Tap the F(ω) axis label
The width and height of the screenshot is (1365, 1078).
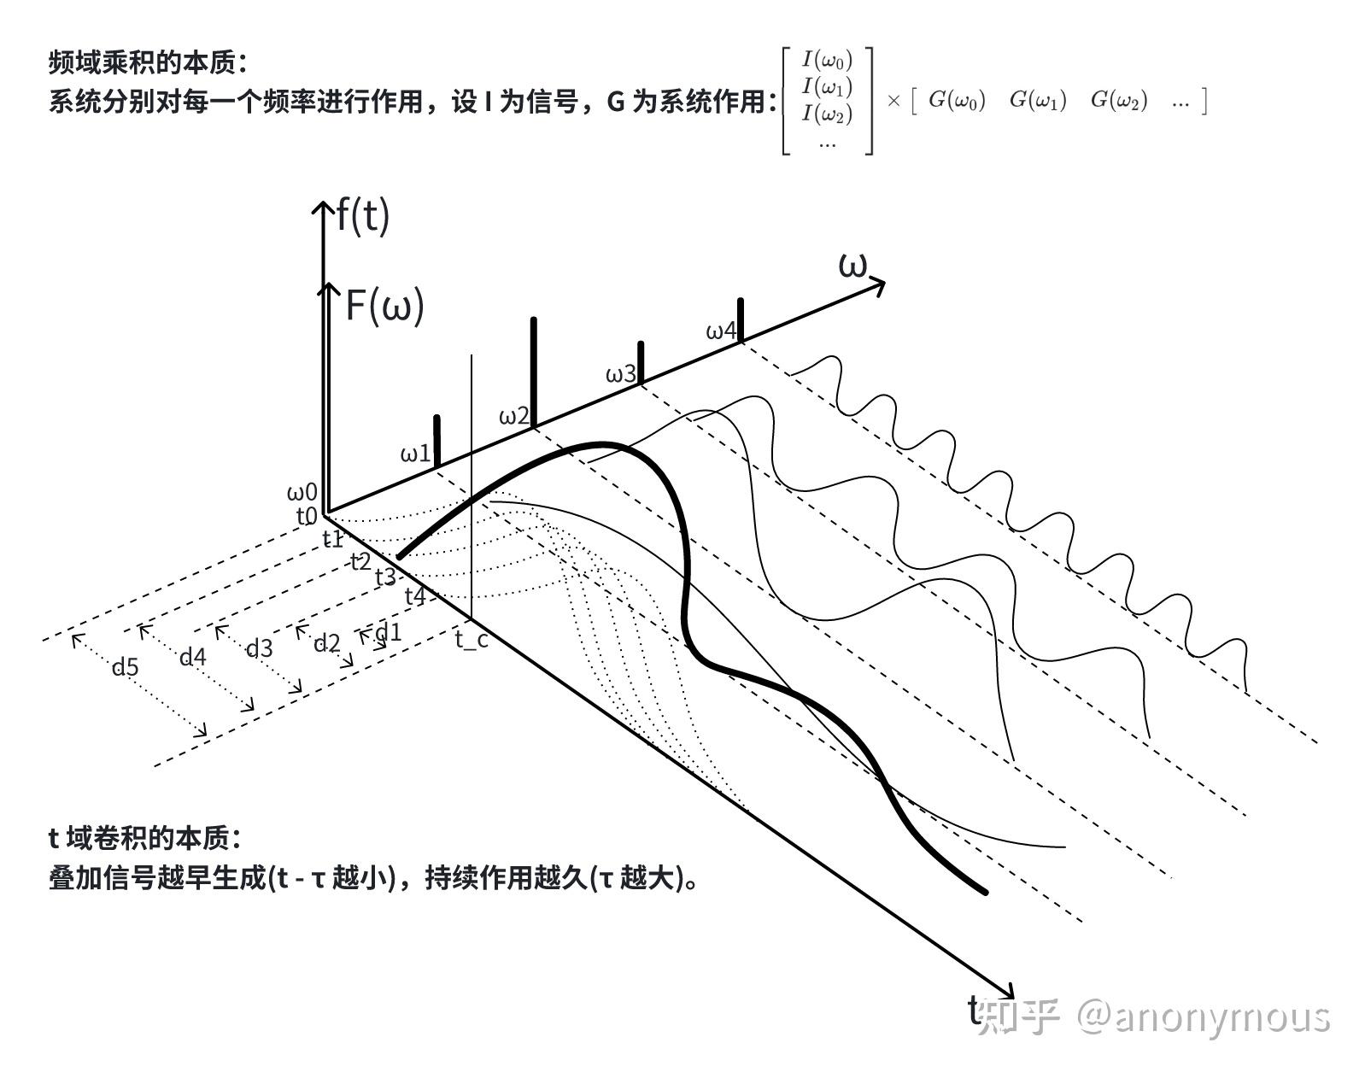[x=384, y=305]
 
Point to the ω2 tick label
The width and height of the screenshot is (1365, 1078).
[x=514, y=416]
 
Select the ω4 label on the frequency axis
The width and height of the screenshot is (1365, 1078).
[x=721, y=331]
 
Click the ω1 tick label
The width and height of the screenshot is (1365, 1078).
[x=416, y=454]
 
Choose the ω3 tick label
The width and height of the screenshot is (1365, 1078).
[x=621, y=374]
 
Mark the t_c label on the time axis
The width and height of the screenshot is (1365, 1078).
[x=472, y=637]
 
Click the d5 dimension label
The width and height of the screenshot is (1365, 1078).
[x=125, y=666]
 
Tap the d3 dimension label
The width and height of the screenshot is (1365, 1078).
[x=259, y=648]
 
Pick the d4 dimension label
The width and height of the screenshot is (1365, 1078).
[x=192, y=656]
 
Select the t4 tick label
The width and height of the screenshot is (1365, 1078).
[x=414, y=595]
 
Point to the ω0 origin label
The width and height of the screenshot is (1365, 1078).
[x=302, y=492]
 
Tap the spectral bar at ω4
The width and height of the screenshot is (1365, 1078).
[x=741, y=319]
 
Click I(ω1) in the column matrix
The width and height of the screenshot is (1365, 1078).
[x=827, y=86]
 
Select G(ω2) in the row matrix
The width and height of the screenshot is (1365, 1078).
[x=1119, y=100]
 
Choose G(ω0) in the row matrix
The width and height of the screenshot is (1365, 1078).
[x=957, y=100]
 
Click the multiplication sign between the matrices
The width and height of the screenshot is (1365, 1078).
[x=893, y=101]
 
